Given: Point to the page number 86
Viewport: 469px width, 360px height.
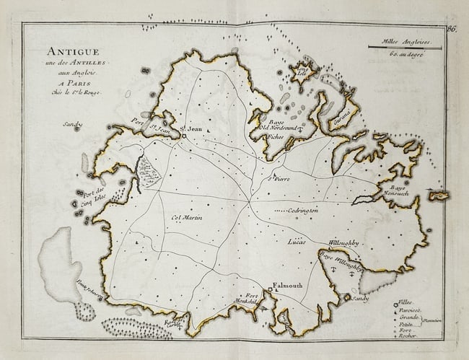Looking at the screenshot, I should (451, 30).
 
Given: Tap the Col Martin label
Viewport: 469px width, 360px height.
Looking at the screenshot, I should (187, 218).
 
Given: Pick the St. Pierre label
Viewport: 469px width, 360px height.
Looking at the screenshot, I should (279, 177).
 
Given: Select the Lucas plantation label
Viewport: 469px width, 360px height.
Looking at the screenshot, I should (297, 241).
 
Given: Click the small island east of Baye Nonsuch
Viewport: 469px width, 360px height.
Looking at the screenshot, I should (437, 195).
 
